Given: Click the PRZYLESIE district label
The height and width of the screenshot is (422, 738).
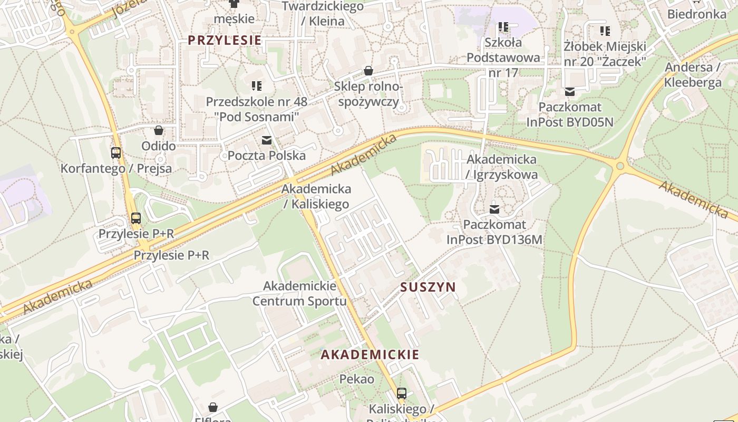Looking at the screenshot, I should point(225,40).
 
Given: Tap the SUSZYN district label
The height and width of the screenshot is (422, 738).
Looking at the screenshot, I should point(428,287).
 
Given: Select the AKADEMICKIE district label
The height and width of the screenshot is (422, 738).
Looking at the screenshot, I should point(370,354).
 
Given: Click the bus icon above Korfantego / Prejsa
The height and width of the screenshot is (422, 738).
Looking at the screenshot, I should point(116,153).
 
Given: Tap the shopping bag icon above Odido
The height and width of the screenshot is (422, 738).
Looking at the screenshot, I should point(159,130).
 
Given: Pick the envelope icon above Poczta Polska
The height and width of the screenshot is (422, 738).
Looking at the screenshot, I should point(267,140).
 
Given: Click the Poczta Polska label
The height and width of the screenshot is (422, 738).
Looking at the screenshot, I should point(267,156).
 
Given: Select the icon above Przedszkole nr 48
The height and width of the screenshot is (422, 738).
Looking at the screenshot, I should point(257,85).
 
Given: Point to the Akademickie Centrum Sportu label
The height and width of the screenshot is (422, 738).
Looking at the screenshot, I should point(299,294).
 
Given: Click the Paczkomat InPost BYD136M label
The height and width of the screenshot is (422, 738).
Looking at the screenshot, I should point(494,232).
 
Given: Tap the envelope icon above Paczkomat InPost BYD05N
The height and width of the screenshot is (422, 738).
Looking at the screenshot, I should point(570,92).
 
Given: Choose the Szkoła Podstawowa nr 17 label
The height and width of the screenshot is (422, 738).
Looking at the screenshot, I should point(503,57).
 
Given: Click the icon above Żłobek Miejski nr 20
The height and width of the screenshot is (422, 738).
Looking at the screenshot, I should point(605,31).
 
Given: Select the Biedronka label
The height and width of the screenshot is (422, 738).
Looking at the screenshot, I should point(696,14).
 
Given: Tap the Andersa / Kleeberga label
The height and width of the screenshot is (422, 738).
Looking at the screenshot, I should point(693,75).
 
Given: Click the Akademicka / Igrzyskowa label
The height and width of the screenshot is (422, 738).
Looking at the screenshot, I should point(502,167).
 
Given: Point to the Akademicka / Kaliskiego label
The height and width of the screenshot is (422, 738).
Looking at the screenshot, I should point(316,196).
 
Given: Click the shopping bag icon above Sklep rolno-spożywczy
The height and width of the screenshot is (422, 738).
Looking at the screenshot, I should point(368,71).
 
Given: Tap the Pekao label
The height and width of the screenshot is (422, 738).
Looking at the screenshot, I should point(357,379).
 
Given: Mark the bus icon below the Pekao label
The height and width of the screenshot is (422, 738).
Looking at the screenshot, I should point(402,393).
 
